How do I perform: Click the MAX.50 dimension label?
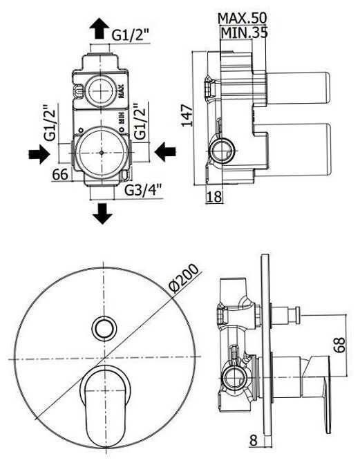coord(243,19)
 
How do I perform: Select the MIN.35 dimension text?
coord(245,32)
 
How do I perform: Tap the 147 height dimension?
coord(187,115)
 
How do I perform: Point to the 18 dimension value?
coord(214,196)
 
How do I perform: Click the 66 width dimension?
coord(60,175)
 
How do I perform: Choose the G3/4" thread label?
coord(143,191)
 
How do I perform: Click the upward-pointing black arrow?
coord(99,28)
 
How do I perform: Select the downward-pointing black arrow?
coord(102,213)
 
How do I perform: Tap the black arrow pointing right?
coord(39,154)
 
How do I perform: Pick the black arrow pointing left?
coord(165,151)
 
